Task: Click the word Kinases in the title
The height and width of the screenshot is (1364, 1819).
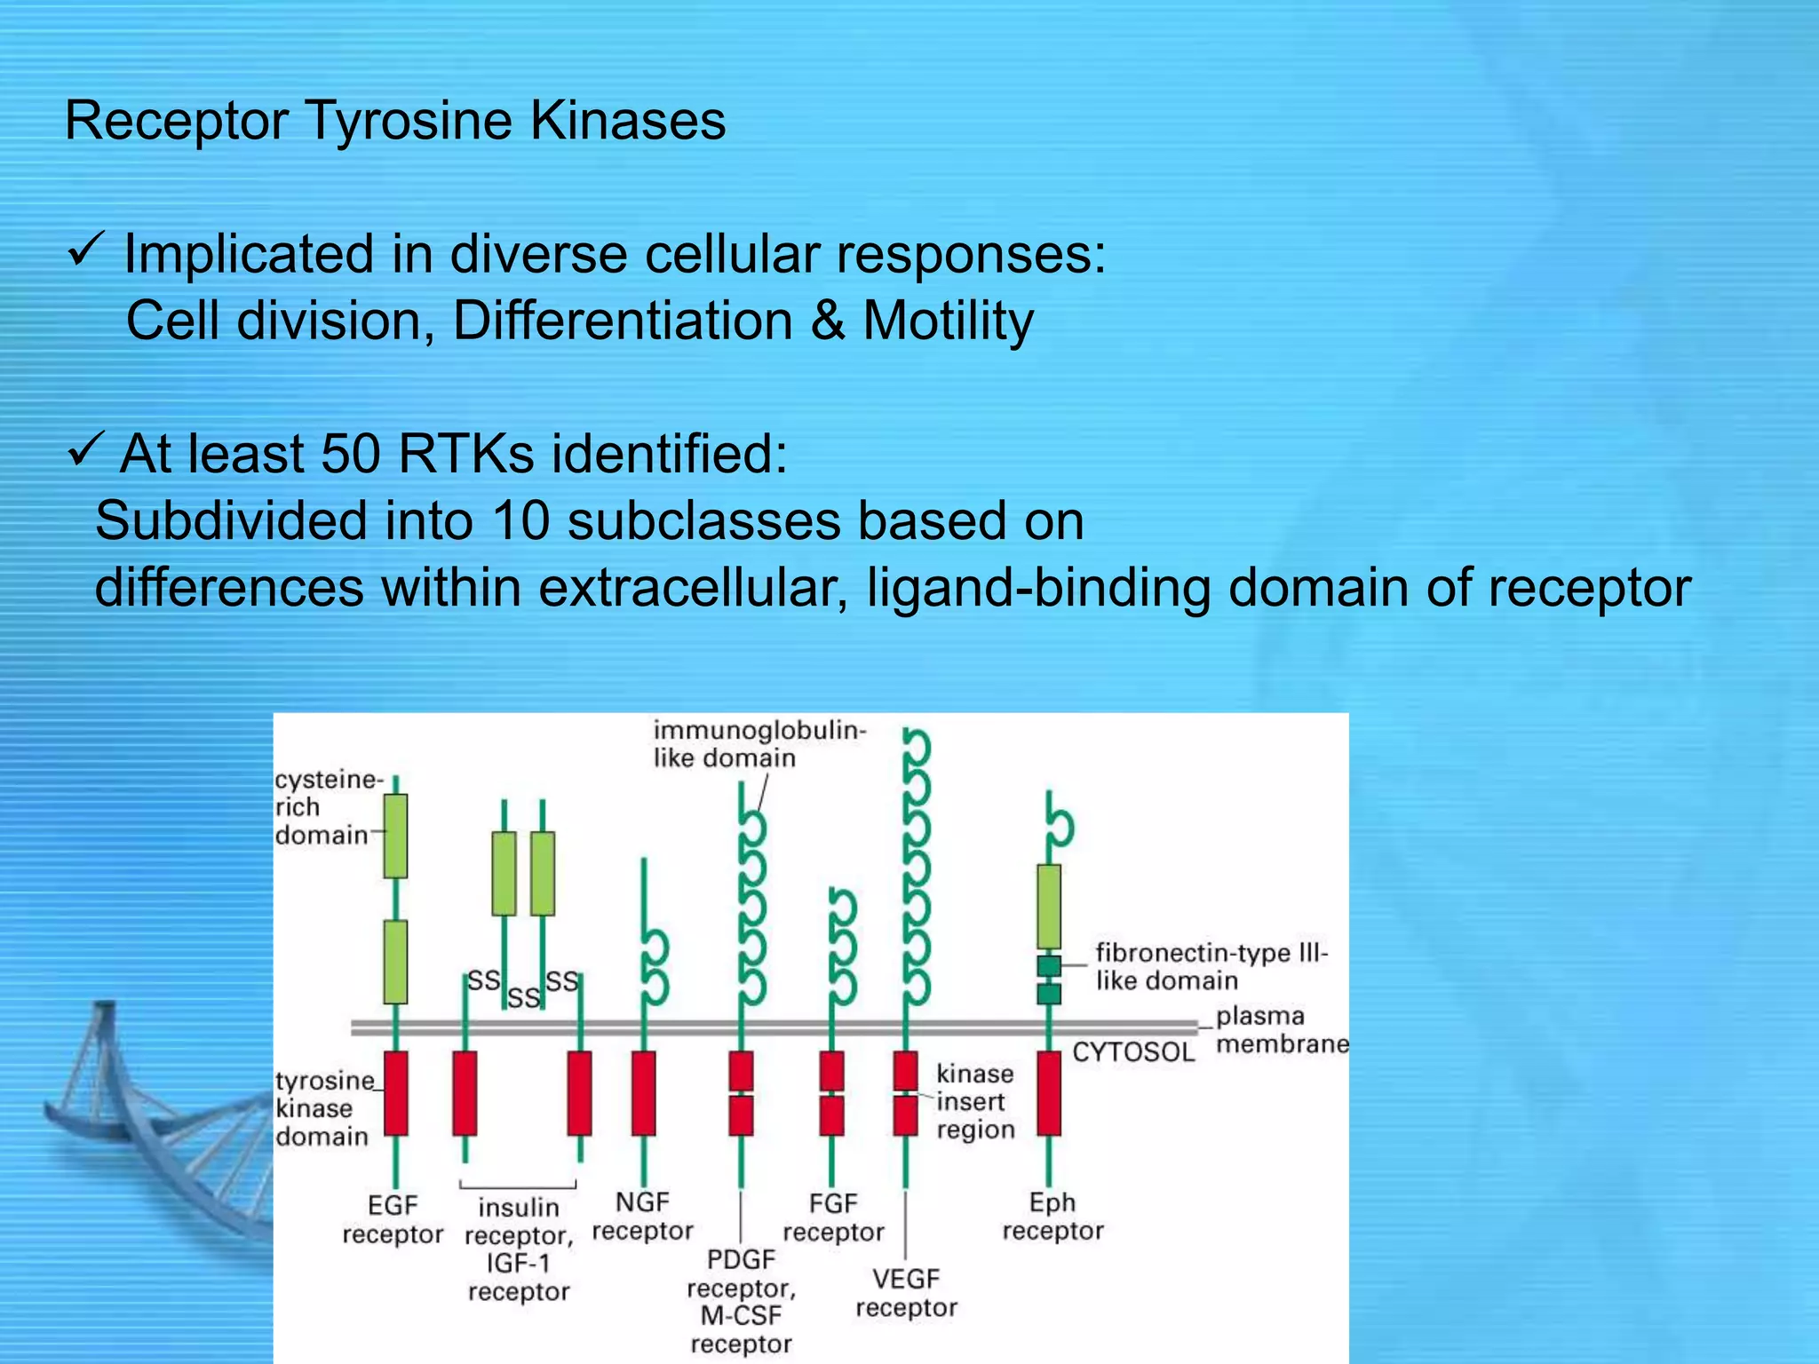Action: pos(627,121)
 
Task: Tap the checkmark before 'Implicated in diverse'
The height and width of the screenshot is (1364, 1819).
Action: pos(86,251)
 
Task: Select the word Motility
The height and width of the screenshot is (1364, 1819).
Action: pos(948,321)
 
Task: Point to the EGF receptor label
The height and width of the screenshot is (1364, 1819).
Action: pos(393,1219)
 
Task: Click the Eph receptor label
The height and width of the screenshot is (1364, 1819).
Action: pos(1052,1216)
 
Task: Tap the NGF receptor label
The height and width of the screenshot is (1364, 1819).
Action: pos(642,1216)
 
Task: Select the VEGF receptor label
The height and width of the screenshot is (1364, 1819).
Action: pos(906,1292)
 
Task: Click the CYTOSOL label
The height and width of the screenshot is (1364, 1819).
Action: pos(1133,1052)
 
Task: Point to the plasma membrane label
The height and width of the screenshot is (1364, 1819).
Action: pos(1279,1029)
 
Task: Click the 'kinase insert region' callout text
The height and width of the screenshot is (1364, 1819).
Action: pos(975,1101)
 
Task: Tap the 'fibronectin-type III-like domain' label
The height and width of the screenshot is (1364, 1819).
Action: pos(1210,966)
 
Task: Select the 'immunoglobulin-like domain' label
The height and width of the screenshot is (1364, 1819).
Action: pos(757,743)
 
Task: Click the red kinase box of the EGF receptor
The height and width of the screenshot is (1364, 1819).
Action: pos(396,1093)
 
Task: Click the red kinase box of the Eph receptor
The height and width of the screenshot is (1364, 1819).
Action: pos(1049,1093)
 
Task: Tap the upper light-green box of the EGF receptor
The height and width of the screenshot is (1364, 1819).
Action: pos(396,836)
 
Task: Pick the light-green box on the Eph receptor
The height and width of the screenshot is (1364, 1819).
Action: pos(1049,906)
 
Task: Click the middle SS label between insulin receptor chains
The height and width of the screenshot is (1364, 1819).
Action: pos(523,998)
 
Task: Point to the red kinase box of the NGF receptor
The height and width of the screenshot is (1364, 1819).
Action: pos(644,1093)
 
